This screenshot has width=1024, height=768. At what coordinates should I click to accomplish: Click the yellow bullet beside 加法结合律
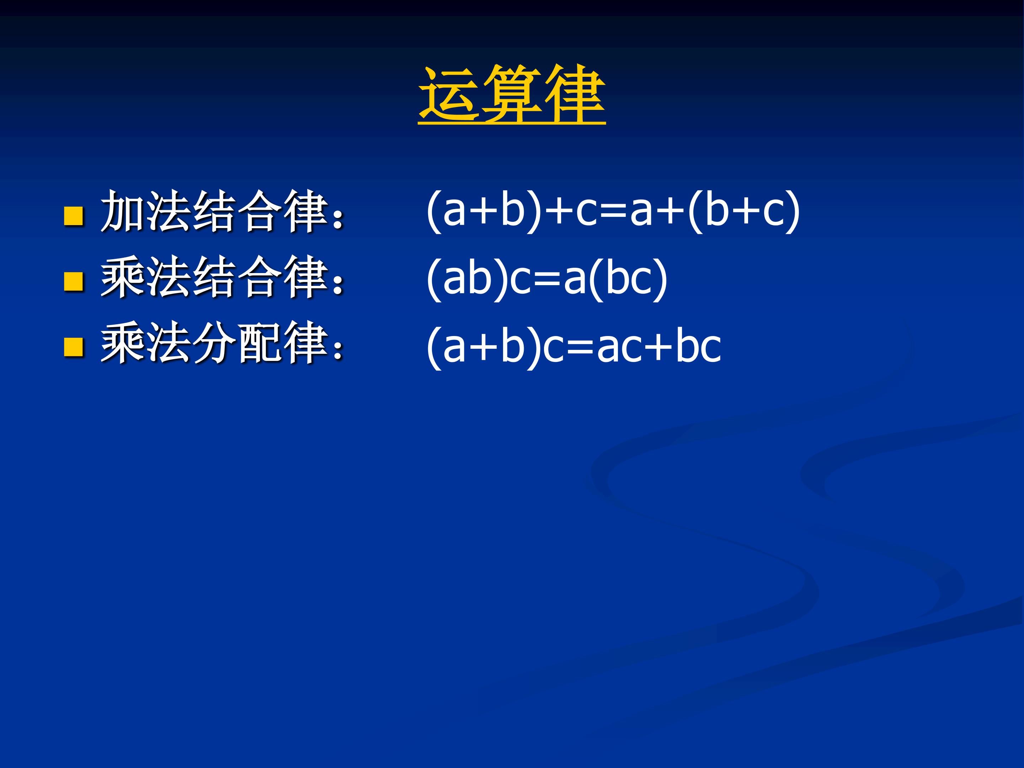pos(73,216)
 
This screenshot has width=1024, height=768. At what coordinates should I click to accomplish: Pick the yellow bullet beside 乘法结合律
pos(73,281)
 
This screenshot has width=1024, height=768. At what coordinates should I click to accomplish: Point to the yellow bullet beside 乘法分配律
pos(73,347)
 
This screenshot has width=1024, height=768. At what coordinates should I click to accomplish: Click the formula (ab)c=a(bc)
pos(546,279)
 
